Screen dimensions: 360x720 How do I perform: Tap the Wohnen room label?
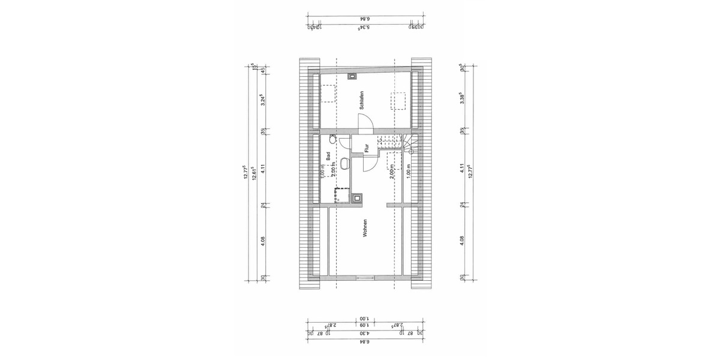pos(364,229)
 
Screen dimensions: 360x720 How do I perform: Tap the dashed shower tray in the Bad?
pos(341,194)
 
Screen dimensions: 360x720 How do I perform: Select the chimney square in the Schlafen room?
pos(352,76)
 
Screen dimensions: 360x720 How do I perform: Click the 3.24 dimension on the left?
pos(262,100)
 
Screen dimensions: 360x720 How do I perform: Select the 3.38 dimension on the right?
pos(461,98)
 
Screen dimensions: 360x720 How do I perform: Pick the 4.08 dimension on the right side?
pos(461,241)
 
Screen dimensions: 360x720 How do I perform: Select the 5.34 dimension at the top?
pos(363,27)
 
